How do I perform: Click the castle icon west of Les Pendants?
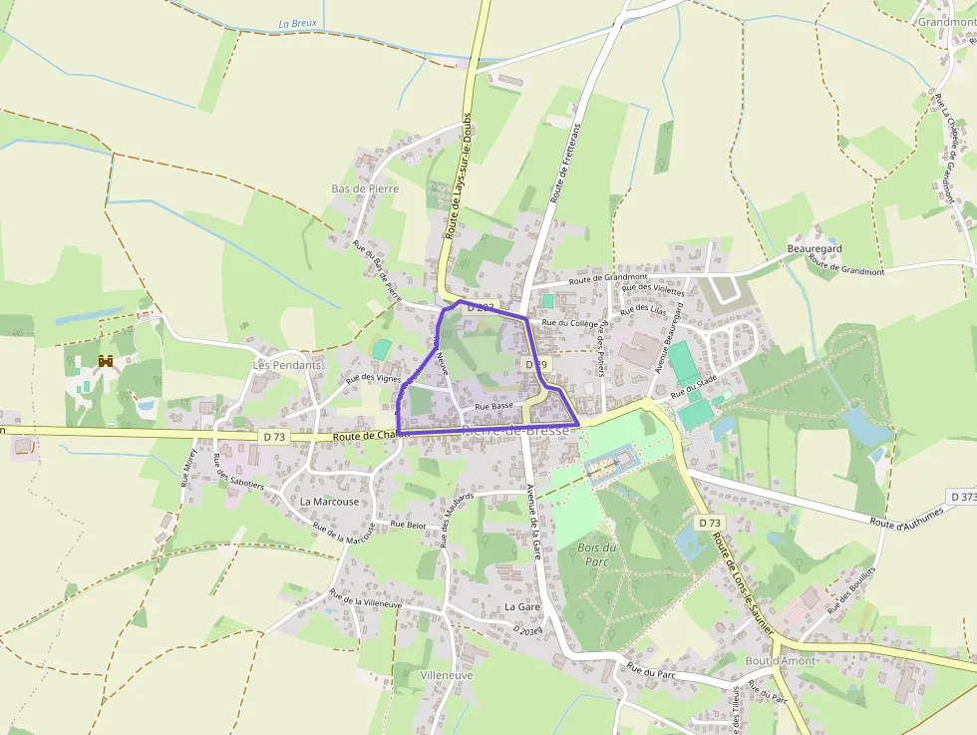[106, 361]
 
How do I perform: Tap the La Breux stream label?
[296, 24]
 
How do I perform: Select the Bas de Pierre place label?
[365, 188]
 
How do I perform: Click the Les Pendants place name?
[287, 365]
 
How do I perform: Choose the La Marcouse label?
[329, 502]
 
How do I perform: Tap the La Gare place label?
[521, 606]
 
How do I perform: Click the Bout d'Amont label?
[780, 660]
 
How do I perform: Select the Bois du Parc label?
[596, 554]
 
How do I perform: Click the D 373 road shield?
[962, 496]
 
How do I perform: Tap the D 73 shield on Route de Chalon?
[275, 437]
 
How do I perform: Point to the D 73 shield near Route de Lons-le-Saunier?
[709, 523]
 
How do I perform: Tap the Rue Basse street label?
[494, 407]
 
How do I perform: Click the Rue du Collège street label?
[569, 323]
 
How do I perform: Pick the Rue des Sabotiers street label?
[239, 472]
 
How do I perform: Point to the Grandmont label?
[946, 22]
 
